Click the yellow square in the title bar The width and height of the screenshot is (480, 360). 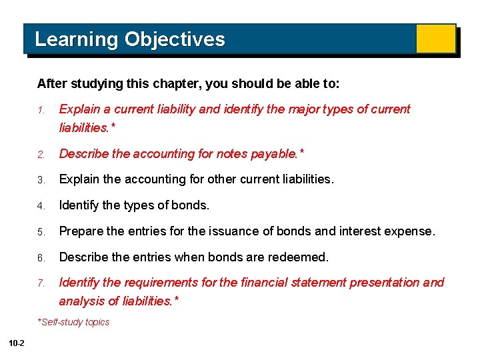click(435, 39)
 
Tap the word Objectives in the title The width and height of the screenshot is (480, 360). click(175, 39)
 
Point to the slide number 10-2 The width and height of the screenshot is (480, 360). click(17, 343)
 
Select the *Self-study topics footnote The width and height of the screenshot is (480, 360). click(73, 322)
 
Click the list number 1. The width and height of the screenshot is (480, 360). click(40, 110)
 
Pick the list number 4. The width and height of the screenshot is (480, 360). click(41, 206)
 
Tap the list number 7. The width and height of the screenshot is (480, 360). click(41, 283)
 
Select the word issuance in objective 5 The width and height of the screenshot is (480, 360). click(233, 231)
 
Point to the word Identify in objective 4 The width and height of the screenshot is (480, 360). click(80, 205)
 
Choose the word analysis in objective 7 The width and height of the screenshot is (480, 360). click(81, 301)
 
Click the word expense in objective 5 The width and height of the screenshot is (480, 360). click(411, 231)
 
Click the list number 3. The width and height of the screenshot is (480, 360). click(41, 180)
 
